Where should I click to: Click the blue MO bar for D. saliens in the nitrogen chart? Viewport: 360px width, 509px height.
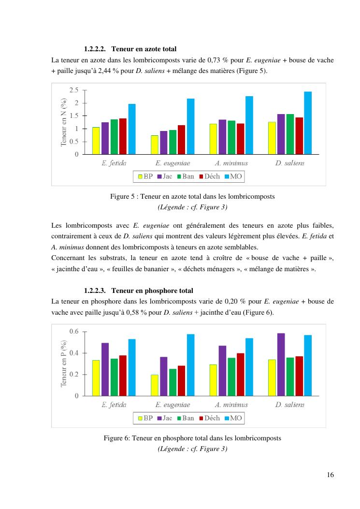308,123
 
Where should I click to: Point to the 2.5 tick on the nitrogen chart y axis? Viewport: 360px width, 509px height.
74,90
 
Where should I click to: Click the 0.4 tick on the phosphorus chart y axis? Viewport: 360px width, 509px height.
74,353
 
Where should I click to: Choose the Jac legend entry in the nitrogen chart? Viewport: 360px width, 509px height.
164,176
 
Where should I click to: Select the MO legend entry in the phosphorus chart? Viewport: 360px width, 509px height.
232,418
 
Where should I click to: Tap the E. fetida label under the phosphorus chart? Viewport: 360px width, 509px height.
114,405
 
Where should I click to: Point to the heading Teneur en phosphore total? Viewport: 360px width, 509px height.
152,291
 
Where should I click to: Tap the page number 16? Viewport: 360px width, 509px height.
330,474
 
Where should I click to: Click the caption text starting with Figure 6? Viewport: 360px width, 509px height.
192,438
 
